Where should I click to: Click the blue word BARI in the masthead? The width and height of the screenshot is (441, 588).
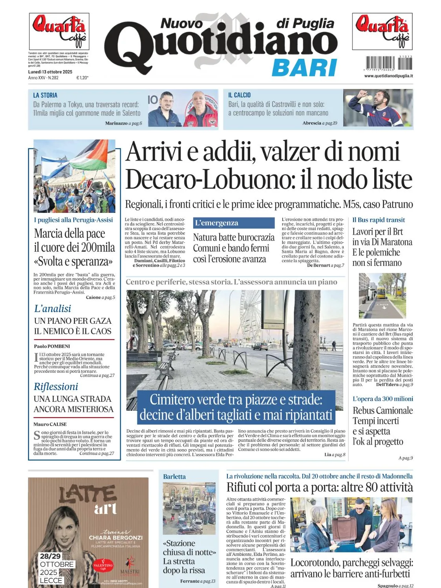(x=304, y=68)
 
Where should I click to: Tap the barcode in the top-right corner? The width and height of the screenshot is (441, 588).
(x=389, y=63)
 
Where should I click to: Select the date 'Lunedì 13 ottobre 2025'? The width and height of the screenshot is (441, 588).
(x=50, y=72)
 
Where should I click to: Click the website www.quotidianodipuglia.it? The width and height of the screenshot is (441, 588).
(x=388, y=76)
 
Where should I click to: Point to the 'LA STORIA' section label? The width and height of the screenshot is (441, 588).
(x=45, y=95)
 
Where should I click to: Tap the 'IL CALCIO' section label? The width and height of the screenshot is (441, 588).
(x=239, y=95)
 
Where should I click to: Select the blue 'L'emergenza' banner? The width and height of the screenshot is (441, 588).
(x=234, y=223)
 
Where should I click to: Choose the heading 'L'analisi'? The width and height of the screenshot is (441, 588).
(x=53, y=309)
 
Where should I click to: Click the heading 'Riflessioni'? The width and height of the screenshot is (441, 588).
(x=56, y=387)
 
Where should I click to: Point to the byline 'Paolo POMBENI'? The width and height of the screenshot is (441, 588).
(x=52, y=346)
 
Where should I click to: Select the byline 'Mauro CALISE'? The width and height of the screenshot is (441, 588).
(x=50, y=424)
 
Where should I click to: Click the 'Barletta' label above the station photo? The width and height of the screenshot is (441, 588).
(x=174, y=477)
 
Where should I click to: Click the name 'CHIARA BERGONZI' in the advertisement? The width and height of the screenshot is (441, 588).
(x=115, y=537)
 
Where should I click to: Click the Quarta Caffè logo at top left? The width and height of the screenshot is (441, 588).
(x=59, y=31)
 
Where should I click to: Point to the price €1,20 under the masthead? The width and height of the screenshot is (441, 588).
(x=82, y=78)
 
